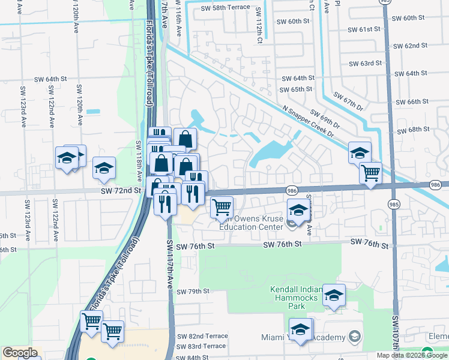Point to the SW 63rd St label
point(366,63)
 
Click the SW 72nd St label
point(125,190)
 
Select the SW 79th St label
point(193,292)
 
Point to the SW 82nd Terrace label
point(202,337)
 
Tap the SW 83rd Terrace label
point(202,346)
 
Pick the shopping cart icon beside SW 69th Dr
point(370,173)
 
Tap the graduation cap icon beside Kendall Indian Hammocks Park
point(334,295)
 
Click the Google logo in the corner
point(20,353)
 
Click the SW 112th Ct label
point(259,21)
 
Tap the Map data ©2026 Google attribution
point(412,355)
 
